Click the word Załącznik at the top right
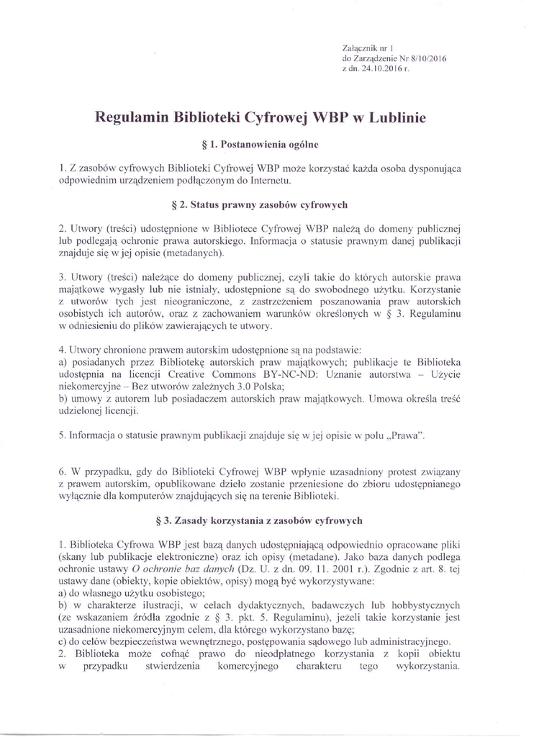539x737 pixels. click(361, 48)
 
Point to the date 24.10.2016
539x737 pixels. click(378, 69)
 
